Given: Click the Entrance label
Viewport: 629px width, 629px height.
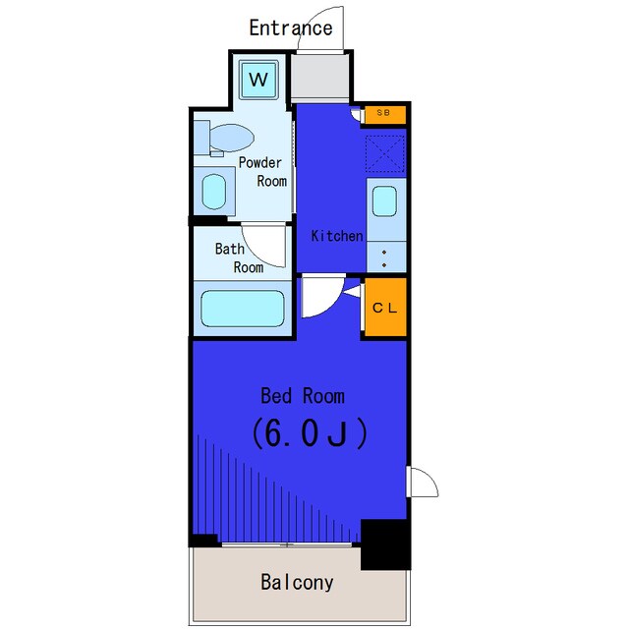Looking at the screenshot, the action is point(291,29).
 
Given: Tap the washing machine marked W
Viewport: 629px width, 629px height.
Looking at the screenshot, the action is point(258,80).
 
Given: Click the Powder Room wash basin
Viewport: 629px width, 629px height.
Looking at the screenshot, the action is point(214,192).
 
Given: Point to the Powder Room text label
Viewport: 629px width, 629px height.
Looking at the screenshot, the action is point(262,172).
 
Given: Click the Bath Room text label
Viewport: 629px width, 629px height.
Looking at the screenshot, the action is point(239,257).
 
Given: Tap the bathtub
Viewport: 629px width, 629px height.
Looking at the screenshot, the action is point(243,308).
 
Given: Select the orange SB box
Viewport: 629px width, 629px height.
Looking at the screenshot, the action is point(384,114).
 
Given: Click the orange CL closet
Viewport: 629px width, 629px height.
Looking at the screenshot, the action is point(385,307).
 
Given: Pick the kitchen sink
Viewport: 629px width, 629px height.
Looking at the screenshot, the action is point(384,201).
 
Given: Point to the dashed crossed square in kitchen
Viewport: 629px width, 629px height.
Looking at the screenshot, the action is point(384,153).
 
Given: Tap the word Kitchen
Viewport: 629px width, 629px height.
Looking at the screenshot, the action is point(337,236).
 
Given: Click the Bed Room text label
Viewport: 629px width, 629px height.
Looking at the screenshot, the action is point(303,396).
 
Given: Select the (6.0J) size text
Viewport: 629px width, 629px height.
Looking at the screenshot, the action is point(309,433).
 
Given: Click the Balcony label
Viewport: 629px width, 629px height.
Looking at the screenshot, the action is point(297,582).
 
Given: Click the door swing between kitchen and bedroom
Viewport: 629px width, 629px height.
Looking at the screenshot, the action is point(323,295).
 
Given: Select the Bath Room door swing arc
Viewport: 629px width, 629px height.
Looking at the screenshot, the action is point(263,246).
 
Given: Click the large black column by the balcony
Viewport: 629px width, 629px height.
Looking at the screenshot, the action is point(385,544).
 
